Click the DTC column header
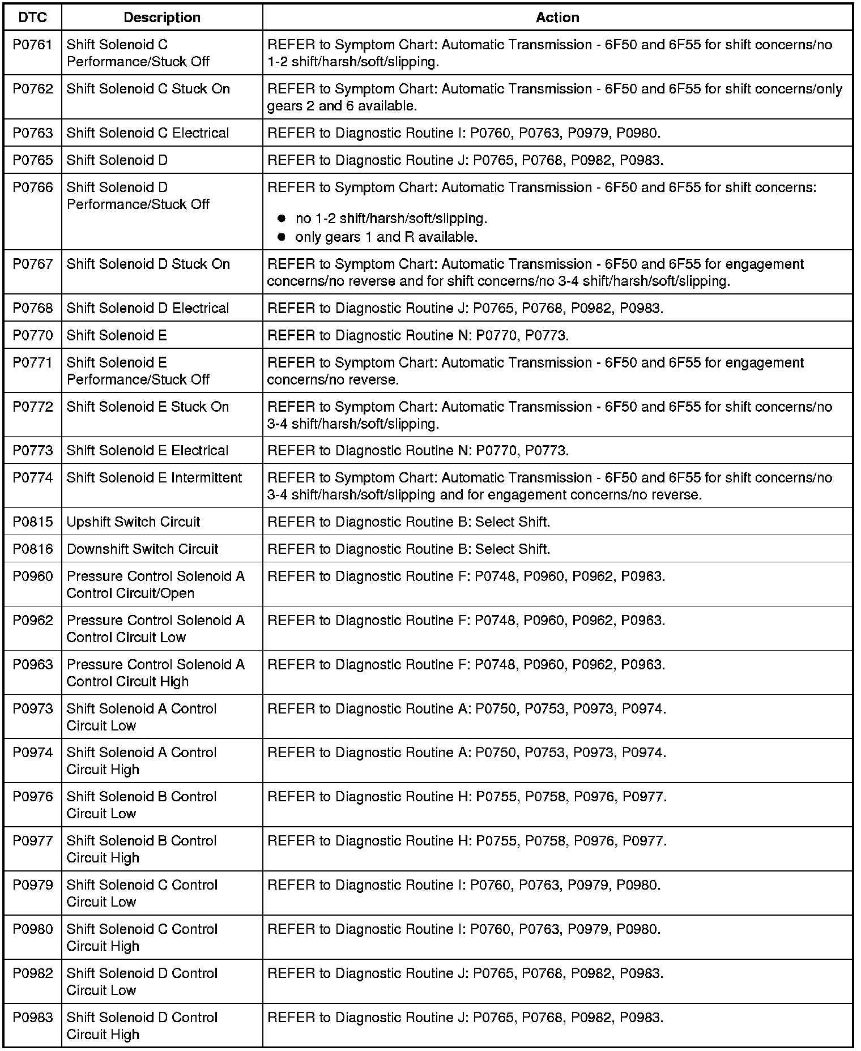coord(32,18)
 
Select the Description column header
coord(162,18)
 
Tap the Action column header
coord(557,18)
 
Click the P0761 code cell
coord(32,45)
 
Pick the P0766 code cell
coord(32,187)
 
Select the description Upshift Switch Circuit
coord(133,522)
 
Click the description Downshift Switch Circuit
coord(142,549)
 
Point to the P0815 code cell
coord(32,522)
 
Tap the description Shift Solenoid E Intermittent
coord(154,478)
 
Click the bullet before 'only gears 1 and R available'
coord(281,237)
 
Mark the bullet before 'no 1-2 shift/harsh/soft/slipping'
coord(281,219)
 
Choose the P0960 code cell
coord(32,576)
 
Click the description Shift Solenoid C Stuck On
coord(148,89)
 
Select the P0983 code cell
coord(32,1018)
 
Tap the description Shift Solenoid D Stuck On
coord(148,264)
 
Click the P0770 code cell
coord(32,336)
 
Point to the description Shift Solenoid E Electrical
coord(147,451)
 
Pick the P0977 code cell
coord(32,841)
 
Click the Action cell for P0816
coord(408,549)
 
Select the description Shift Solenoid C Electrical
coord(148,133)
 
